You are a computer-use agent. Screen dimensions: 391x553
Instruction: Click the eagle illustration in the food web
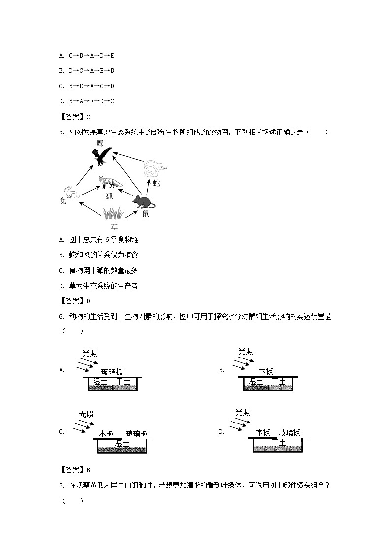coord(102,156)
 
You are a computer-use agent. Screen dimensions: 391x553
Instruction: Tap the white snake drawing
coord(155,169)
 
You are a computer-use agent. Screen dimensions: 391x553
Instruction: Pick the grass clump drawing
coord(113,213)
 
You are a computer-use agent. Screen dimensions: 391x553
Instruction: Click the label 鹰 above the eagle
coord(100,143)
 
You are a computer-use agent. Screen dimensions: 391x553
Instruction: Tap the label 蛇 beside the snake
coord(157,183)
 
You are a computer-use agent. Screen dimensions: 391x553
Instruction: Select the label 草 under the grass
coord(114,227)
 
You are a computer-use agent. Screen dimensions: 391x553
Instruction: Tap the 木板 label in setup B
coord(266,372)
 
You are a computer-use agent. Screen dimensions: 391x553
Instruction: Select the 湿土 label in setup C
coord(122,443)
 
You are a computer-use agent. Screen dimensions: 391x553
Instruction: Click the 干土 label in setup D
coord(278,442)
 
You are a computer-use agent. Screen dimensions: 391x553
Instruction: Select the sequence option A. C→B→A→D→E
coord(87,56)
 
